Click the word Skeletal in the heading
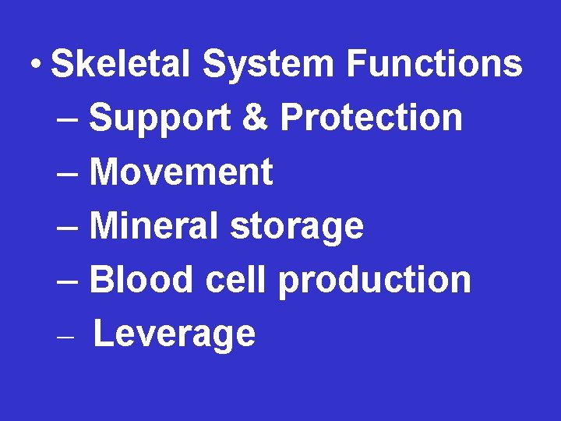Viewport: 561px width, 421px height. [x=120, y=63]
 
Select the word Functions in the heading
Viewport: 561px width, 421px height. [x=435, y=63]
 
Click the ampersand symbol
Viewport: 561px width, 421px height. [x=256, y=118]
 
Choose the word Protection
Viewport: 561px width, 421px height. [x=371, y=118]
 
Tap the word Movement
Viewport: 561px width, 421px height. [x=182, y=172]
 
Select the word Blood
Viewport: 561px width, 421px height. [x=140, y=280]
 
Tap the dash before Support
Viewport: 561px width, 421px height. [x=68, y=121]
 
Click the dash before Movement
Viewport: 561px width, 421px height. [x=68, y=175]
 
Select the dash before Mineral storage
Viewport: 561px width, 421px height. [x=68, y=228]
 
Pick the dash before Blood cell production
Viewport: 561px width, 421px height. [x=68, y=282]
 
